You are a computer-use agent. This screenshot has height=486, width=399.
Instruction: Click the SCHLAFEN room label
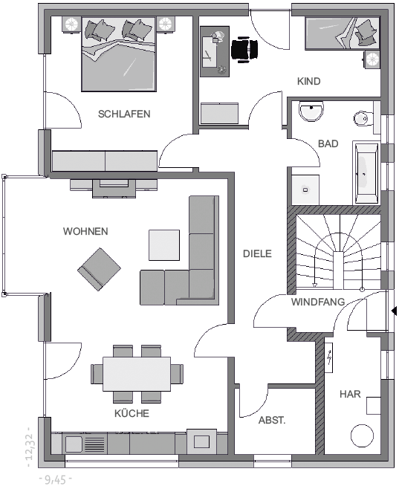click(124, 114)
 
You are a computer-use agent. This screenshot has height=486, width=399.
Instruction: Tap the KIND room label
click(309, 81)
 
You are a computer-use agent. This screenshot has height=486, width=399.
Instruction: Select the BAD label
click(328, 144)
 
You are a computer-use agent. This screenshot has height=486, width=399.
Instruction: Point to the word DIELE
click(257, 253)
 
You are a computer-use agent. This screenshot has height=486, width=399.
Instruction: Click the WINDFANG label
click(318, 302)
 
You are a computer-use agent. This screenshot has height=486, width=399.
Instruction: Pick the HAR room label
click(350, 395)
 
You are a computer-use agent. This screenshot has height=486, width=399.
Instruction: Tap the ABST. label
click(272, 421)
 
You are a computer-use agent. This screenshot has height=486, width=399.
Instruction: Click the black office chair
click(244, 48)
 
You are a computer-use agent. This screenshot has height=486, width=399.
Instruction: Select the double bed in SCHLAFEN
click(118, 54)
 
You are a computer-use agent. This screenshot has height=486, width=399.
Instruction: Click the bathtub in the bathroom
click(366, 173)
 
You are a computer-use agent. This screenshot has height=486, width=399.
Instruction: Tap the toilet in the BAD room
click(362, 118)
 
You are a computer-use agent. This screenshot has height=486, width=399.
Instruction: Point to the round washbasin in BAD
click(311, 111)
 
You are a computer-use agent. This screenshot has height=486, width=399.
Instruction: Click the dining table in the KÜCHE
click(137, 374)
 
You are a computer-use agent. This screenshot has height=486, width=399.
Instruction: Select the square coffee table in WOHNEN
click(164, 245)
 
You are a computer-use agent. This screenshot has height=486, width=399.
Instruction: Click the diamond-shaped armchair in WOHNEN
click(100, 269)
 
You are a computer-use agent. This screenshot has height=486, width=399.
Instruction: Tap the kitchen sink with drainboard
click(85, 444)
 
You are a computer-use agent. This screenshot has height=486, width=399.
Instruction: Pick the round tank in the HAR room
click(362, 435)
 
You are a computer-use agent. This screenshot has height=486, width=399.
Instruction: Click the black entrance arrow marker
click(395, 311)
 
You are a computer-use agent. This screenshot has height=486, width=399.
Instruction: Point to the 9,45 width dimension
click(56, 479)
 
